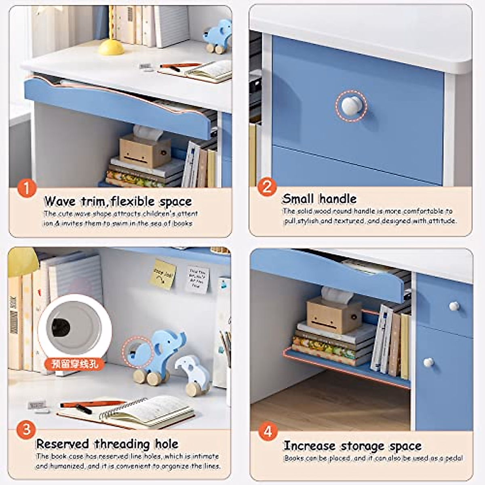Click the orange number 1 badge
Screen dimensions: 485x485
point(27,188)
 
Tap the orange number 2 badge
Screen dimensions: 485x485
point(267,187)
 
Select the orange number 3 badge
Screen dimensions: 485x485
point(26,429)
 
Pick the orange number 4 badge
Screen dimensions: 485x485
point(268,431)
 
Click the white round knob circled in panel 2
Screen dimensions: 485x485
point(351,105)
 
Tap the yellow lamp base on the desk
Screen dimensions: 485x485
point(111,47)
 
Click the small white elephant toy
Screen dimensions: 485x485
point(193,374)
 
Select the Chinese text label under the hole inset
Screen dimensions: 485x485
point(75,363)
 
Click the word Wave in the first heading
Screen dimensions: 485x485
point(60,201)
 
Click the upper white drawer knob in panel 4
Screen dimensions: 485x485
point(454,306)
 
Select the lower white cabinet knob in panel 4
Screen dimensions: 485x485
point(428,362)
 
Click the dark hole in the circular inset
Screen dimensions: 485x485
point(61,324)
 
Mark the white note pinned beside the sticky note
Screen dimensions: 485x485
point(197,279)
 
